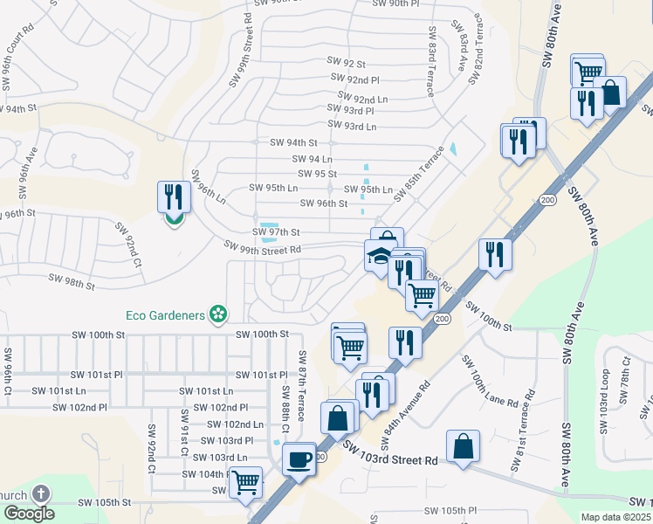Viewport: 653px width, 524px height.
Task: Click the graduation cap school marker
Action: click(x=379, y=256)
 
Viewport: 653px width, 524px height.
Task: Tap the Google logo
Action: click(x=29, y=513)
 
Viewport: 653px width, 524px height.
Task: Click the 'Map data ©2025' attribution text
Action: click(x=615, y=517)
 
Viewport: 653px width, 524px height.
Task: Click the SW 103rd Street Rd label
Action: click(x=389, y=454)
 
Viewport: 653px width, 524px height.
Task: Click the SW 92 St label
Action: click(x=346, y=63)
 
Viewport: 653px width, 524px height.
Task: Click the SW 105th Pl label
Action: click(x=450, y=510)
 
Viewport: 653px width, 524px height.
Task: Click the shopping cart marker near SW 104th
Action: click(x=245, y=480)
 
